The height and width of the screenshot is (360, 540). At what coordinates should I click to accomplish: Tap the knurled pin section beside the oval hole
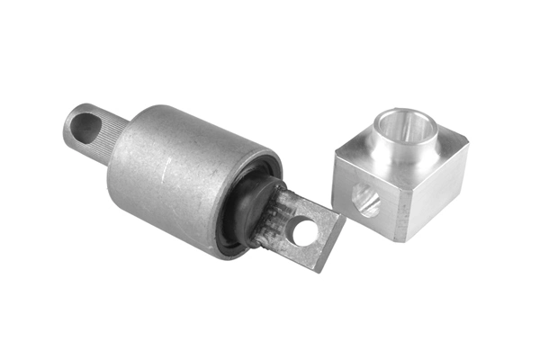(112, 139)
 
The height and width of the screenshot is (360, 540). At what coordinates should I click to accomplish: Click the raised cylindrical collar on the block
(405, 144)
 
